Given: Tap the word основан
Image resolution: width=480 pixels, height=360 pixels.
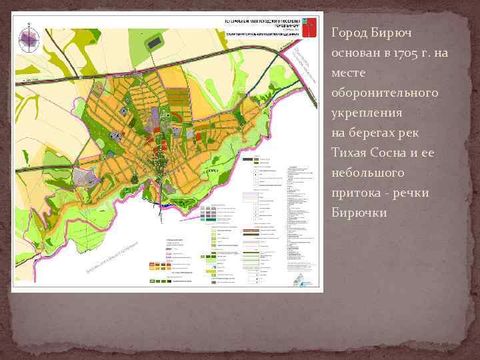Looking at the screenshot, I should (353, 52).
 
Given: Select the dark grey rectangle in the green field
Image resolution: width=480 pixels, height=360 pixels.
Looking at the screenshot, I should (154, 43).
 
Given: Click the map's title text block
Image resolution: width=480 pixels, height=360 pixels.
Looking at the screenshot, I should (253, 25).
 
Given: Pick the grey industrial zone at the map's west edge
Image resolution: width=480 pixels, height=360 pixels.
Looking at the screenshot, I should (84, 177).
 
